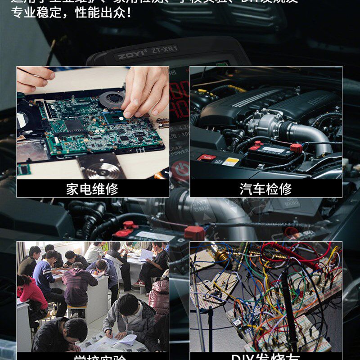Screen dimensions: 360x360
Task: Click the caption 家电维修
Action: tap(92, 189)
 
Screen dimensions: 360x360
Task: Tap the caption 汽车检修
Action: tap(265, 189)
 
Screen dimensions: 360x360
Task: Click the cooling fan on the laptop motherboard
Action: tap(111, 99)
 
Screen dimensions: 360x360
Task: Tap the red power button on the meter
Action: tap(180, 170)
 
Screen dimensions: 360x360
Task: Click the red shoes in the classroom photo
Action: tap(140, 283)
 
